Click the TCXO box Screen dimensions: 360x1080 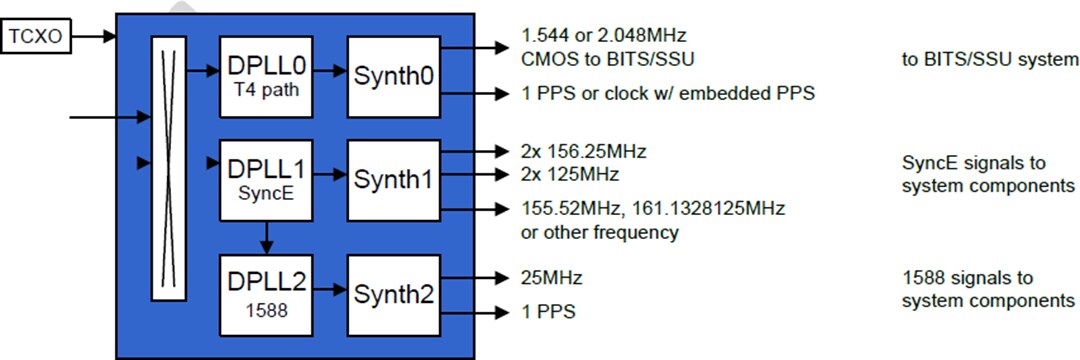[x=36, y=38]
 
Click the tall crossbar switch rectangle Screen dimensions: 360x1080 [x=168, y=168]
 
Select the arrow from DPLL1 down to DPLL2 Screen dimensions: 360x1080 [x=264, y=237]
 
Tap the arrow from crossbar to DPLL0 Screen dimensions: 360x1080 [x=202, y=70]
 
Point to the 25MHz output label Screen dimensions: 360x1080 [x=551, y=277]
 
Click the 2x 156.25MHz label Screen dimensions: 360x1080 [x=583, y=152]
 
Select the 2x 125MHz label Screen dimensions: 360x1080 [x=569, y=174]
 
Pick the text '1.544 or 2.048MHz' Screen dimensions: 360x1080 [x=603, y=35]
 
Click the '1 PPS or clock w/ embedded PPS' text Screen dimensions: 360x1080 [x=667, y=94]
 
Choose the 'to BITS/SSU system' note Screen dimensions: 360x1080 [x=989, y=59]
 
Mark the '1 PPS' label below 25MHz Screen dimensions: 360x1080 [x=548, y=312]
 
